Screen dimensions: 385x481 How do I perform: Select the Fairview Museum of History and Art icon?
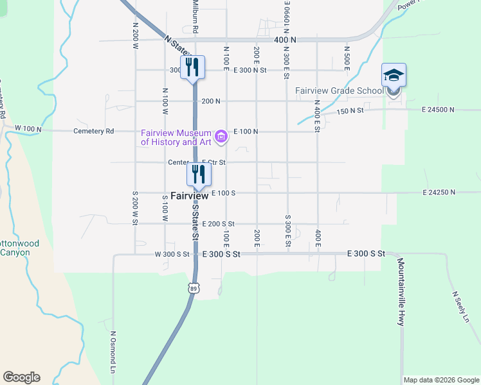tap(221, 136)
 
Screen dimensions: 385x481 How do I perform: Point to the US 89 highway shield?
tap(194, 288)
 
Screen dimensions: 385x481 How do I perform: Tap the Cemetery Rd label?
tap(93, 132)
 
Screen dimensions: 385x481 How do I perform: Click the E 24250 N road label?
tap(439, 193)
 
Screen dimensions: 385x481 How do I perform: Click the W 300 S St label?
tap(172, 254)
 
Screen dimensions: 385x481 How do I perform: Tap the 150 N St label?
tap(350, 110)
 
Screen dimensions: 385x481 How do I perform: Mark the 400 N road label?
tap(284, 40)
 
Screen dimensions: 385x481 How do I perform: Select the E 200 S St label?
tap(218, 224)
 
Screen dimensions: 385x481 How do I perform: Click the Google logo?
tap(21, 377)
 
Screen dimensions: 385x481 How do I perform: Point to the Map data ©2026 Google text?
tap(441, 380)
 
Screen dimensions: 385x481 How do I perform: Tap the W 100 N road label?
tap(28, 130)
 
